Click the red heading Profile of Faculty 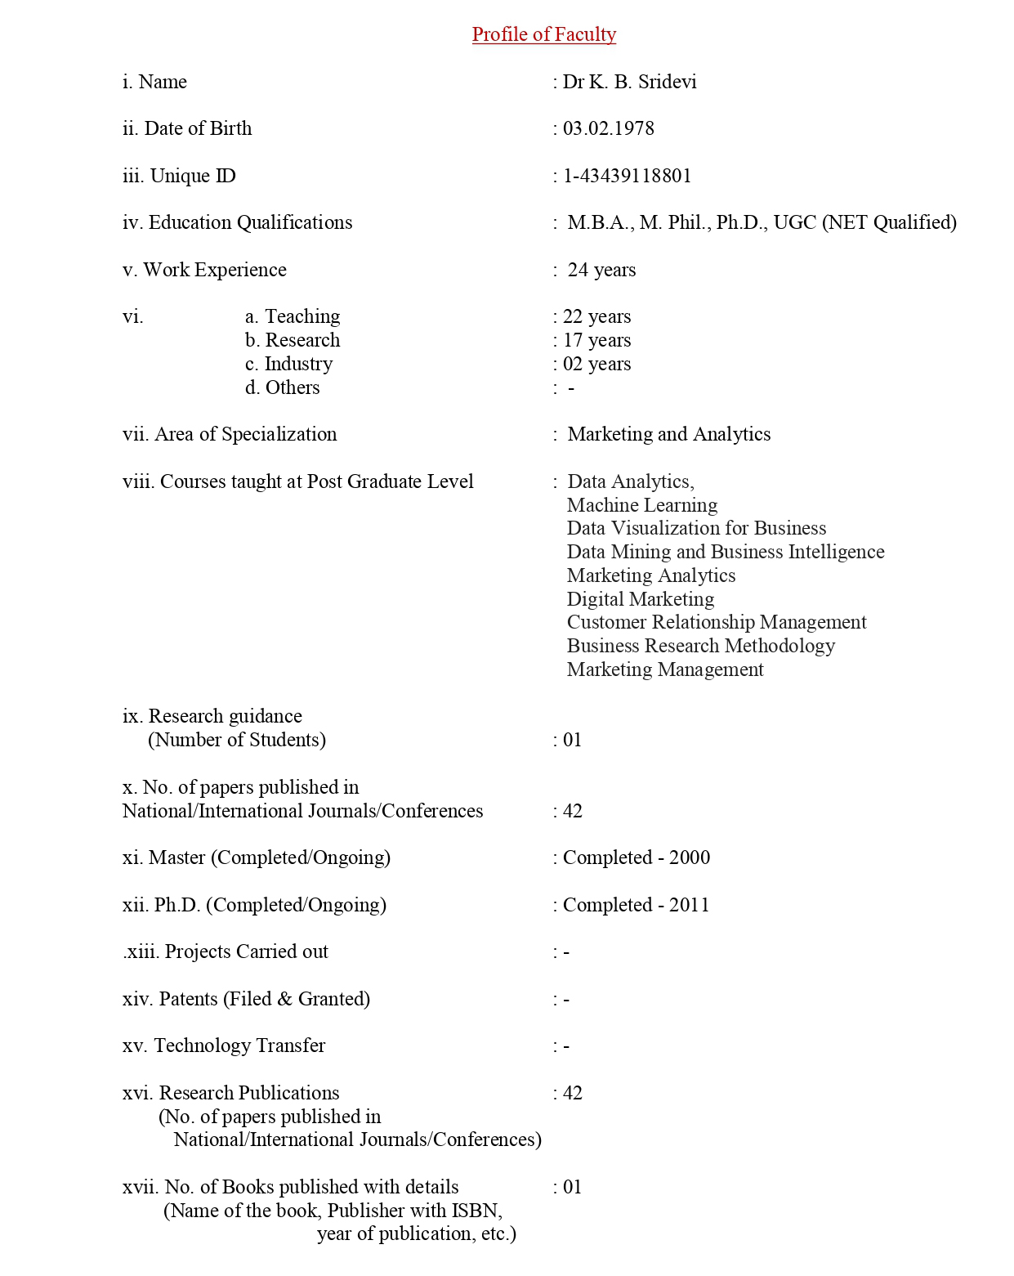point(543,34)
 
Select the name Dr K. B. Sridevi point(629,82)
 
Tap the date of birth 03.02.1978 point(608,128)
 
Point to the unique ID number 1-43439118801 point(627,176)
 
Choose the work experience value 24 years point(601,270)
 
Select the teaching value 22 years point(596,316)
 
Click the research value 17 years point(596,340)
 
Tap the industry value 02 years point(596,364)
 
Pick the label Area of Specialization point(245,434)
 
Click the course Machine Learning point(642,505)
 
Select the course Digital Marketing point(641,599)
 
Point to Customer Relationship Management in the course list point(717,622)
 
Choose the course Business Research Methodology point(701,646)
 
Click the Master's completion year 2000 point(690,857)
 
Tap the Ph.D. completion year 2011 point(690,905)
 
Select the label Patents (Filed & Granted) point(264,999)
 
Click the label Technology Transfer point(239,1045)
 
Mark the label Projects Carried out point(246,951)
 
